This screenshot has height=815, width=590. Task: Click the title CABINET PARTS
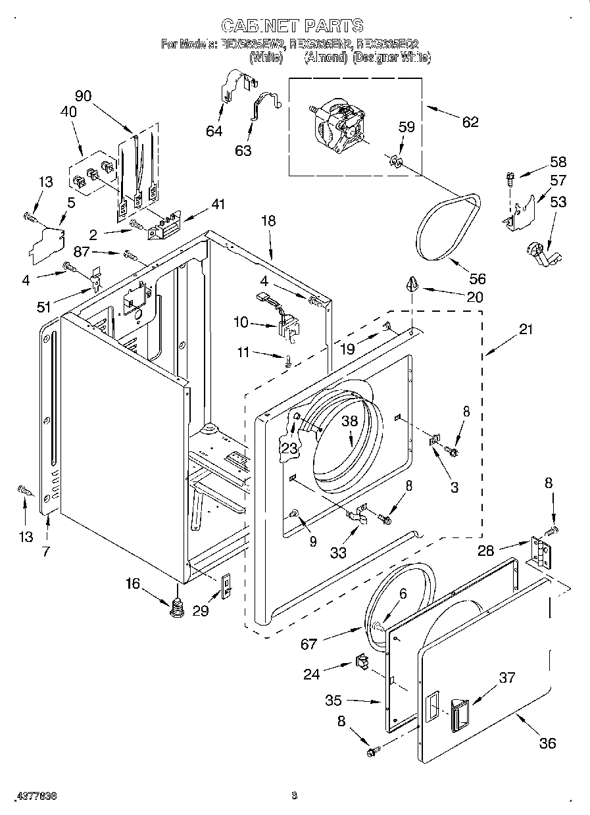(291, 26)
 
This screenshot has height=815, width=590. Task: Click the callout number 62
(470, 122)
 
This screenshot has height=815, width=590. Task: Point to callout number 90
(83, 95)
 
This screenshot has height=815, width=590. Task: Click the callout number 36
(547, 743)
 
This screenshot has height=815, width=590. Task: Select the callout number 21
(526, 330)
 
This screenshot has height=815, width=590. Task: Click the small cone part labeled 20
(412, 284)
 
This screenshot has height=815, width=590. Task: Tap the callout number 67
(309, 644)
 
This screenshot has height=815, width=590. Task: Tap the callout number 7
(45, 551)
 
